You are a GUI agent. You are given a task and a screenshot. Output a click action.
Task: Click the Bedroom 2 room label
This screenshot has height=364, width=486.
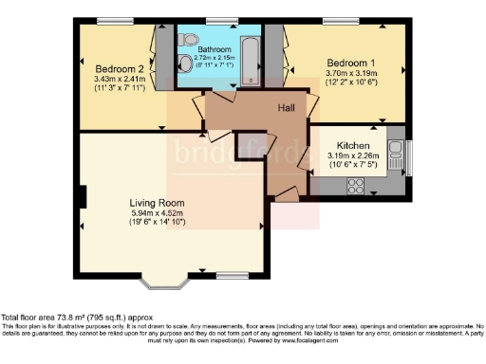(120, 68)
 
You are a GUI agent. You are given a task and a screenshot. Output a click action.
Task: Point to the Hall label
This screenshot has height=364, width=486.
(285, 107)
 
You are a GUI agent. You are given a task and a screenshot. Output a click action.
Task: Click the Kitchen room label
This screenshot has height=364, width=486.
(353, 147)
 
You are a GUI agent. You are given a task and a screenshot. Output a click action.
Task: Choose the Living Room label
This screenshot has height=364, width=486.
(158, 203)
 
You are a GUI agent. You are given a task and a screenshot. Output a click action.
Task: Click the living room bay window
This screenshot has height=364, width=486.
(166, 281)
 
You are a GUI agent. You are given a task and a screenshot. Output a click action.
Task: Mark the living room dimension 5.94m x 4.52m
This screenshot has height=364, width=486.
(158, 213)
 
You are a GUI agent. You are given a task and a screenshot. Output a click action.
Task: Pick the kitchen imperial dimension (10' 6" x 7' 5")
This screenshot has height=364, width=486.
(353, 167)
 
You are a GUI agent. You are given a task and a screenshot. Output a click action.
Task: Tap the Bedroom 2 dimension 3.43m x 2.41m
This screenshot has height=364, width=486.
(120, 79)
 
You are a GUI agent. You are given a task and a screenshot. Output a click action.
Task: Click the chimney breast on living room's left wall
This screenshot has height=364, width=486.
(84, 198)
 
